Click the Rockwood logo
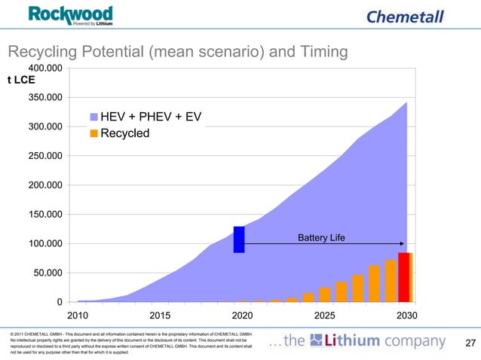[x=71, y=15]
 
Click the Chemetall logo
[x=404, y=17]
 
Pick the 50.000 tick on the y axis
[x=47, y=273]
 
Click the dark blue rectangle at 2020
[x=239, y=239]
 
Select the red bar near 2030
[x=404, y=277]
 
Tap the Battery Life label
[x=321, y=238]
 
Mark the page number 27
[x=471, y=344]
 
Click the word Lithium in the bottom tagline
[x=352, y=342]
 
